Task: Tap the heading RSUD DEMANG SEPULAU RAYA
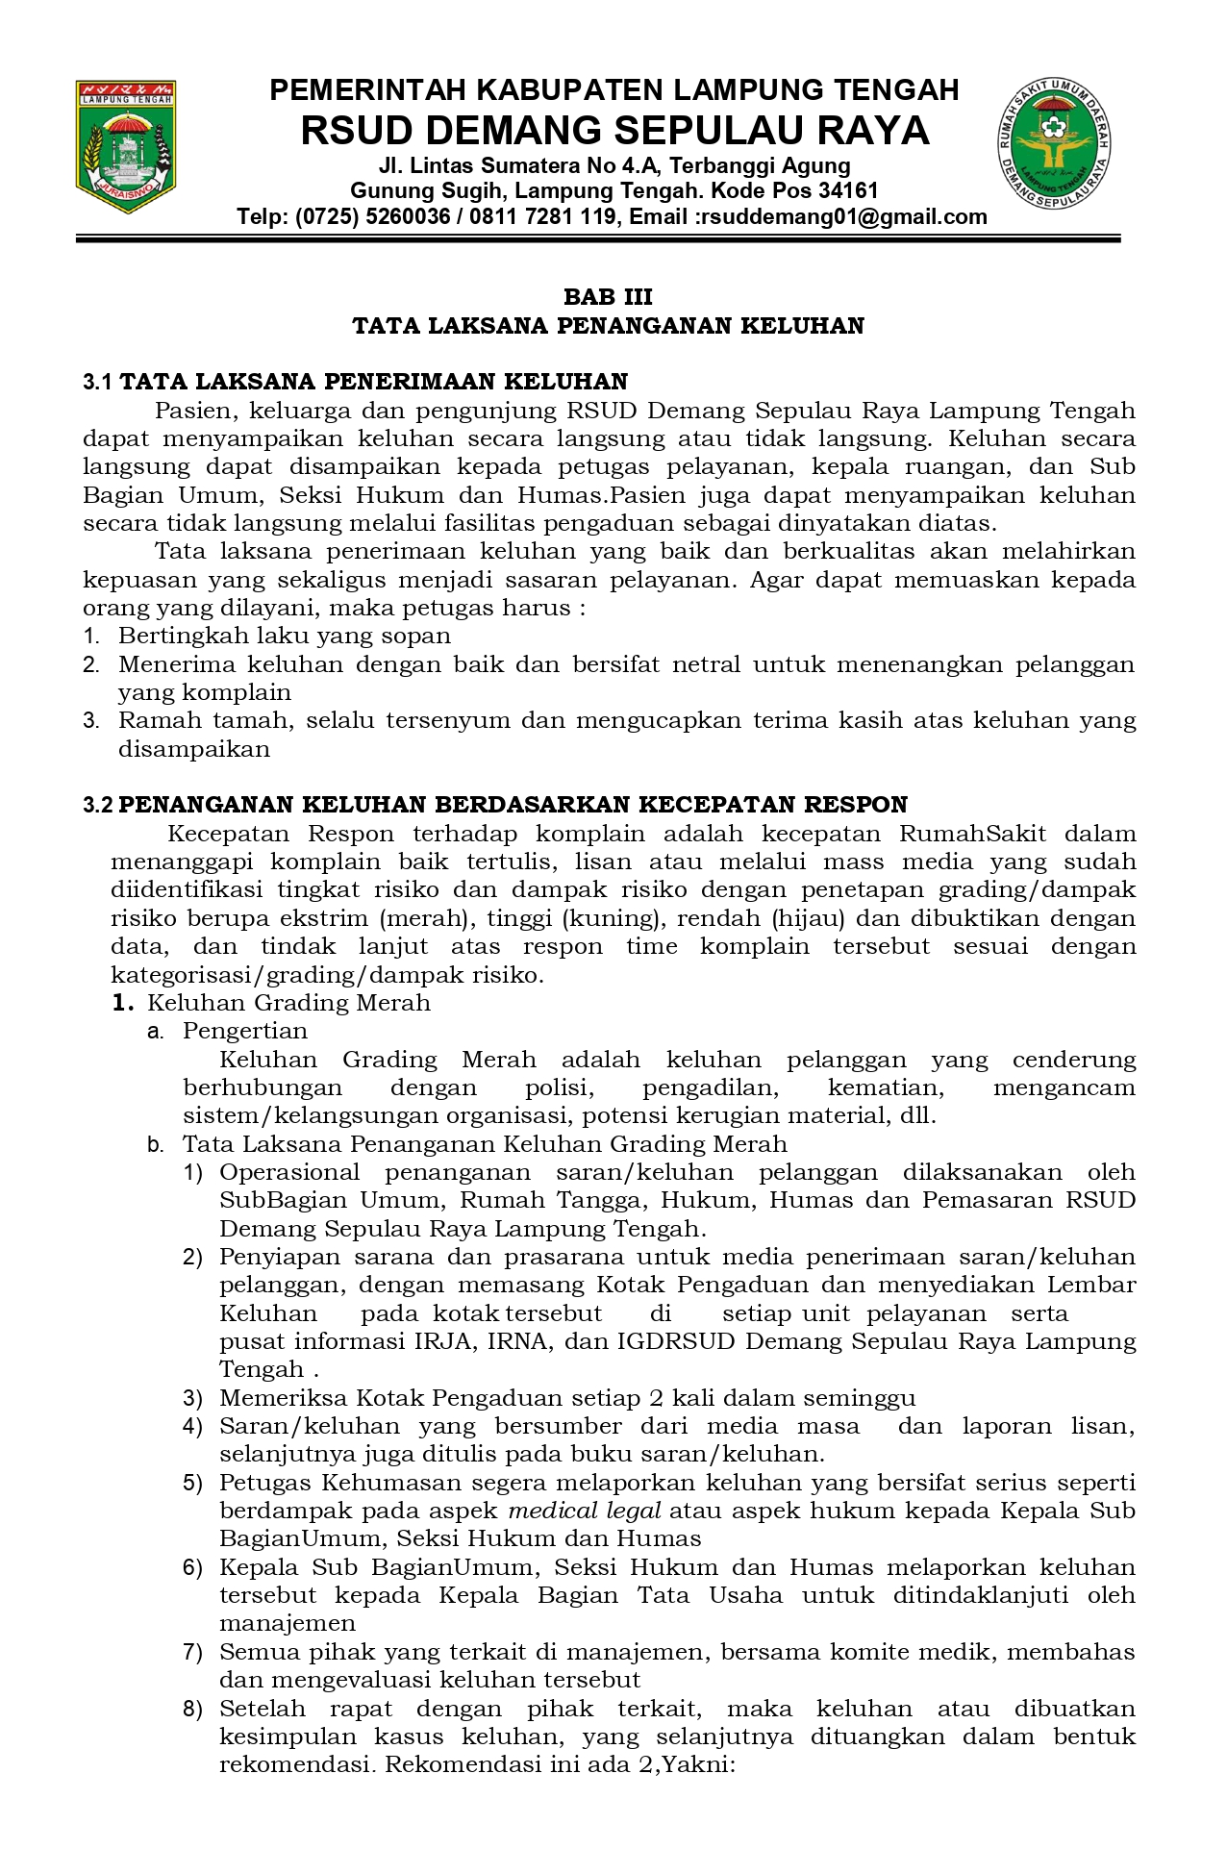[614, 131]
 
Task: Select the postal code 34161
[846, 190]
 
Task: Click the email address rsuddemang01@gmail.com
[843, 217]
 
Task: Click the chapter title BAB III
[608, 297]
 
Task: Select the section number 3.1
[98, 383]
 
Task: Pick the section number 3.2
[98, 805]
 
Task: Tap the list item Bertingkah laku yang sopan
[285, 636]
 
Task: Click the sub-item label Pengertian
[245, 1031]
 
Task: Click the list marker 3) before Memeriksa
[193, 1398]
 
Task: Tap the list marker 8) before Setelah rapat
[193, 1710]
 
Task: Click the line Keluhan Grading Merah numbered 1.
[288, 1003]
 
